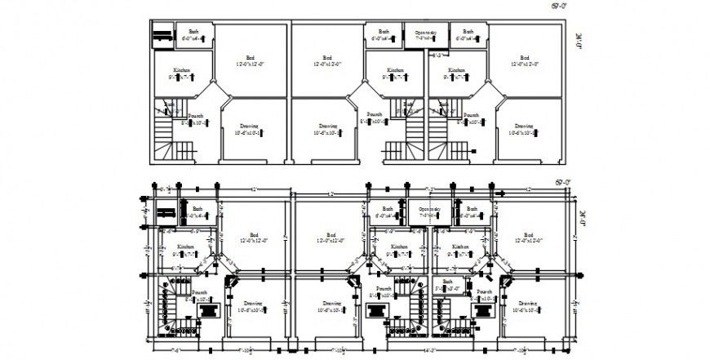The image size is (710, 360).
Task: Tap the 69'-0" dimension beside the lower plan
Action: click(561, 182)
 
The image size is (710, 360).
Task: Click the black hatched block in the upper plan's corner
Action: click(162, 35)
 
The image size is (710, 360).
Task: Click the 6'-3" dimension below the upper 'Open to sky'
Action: click(437, 56)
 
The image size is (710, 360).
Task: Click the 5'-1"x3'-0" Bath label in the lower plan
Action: click(447, 285)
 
